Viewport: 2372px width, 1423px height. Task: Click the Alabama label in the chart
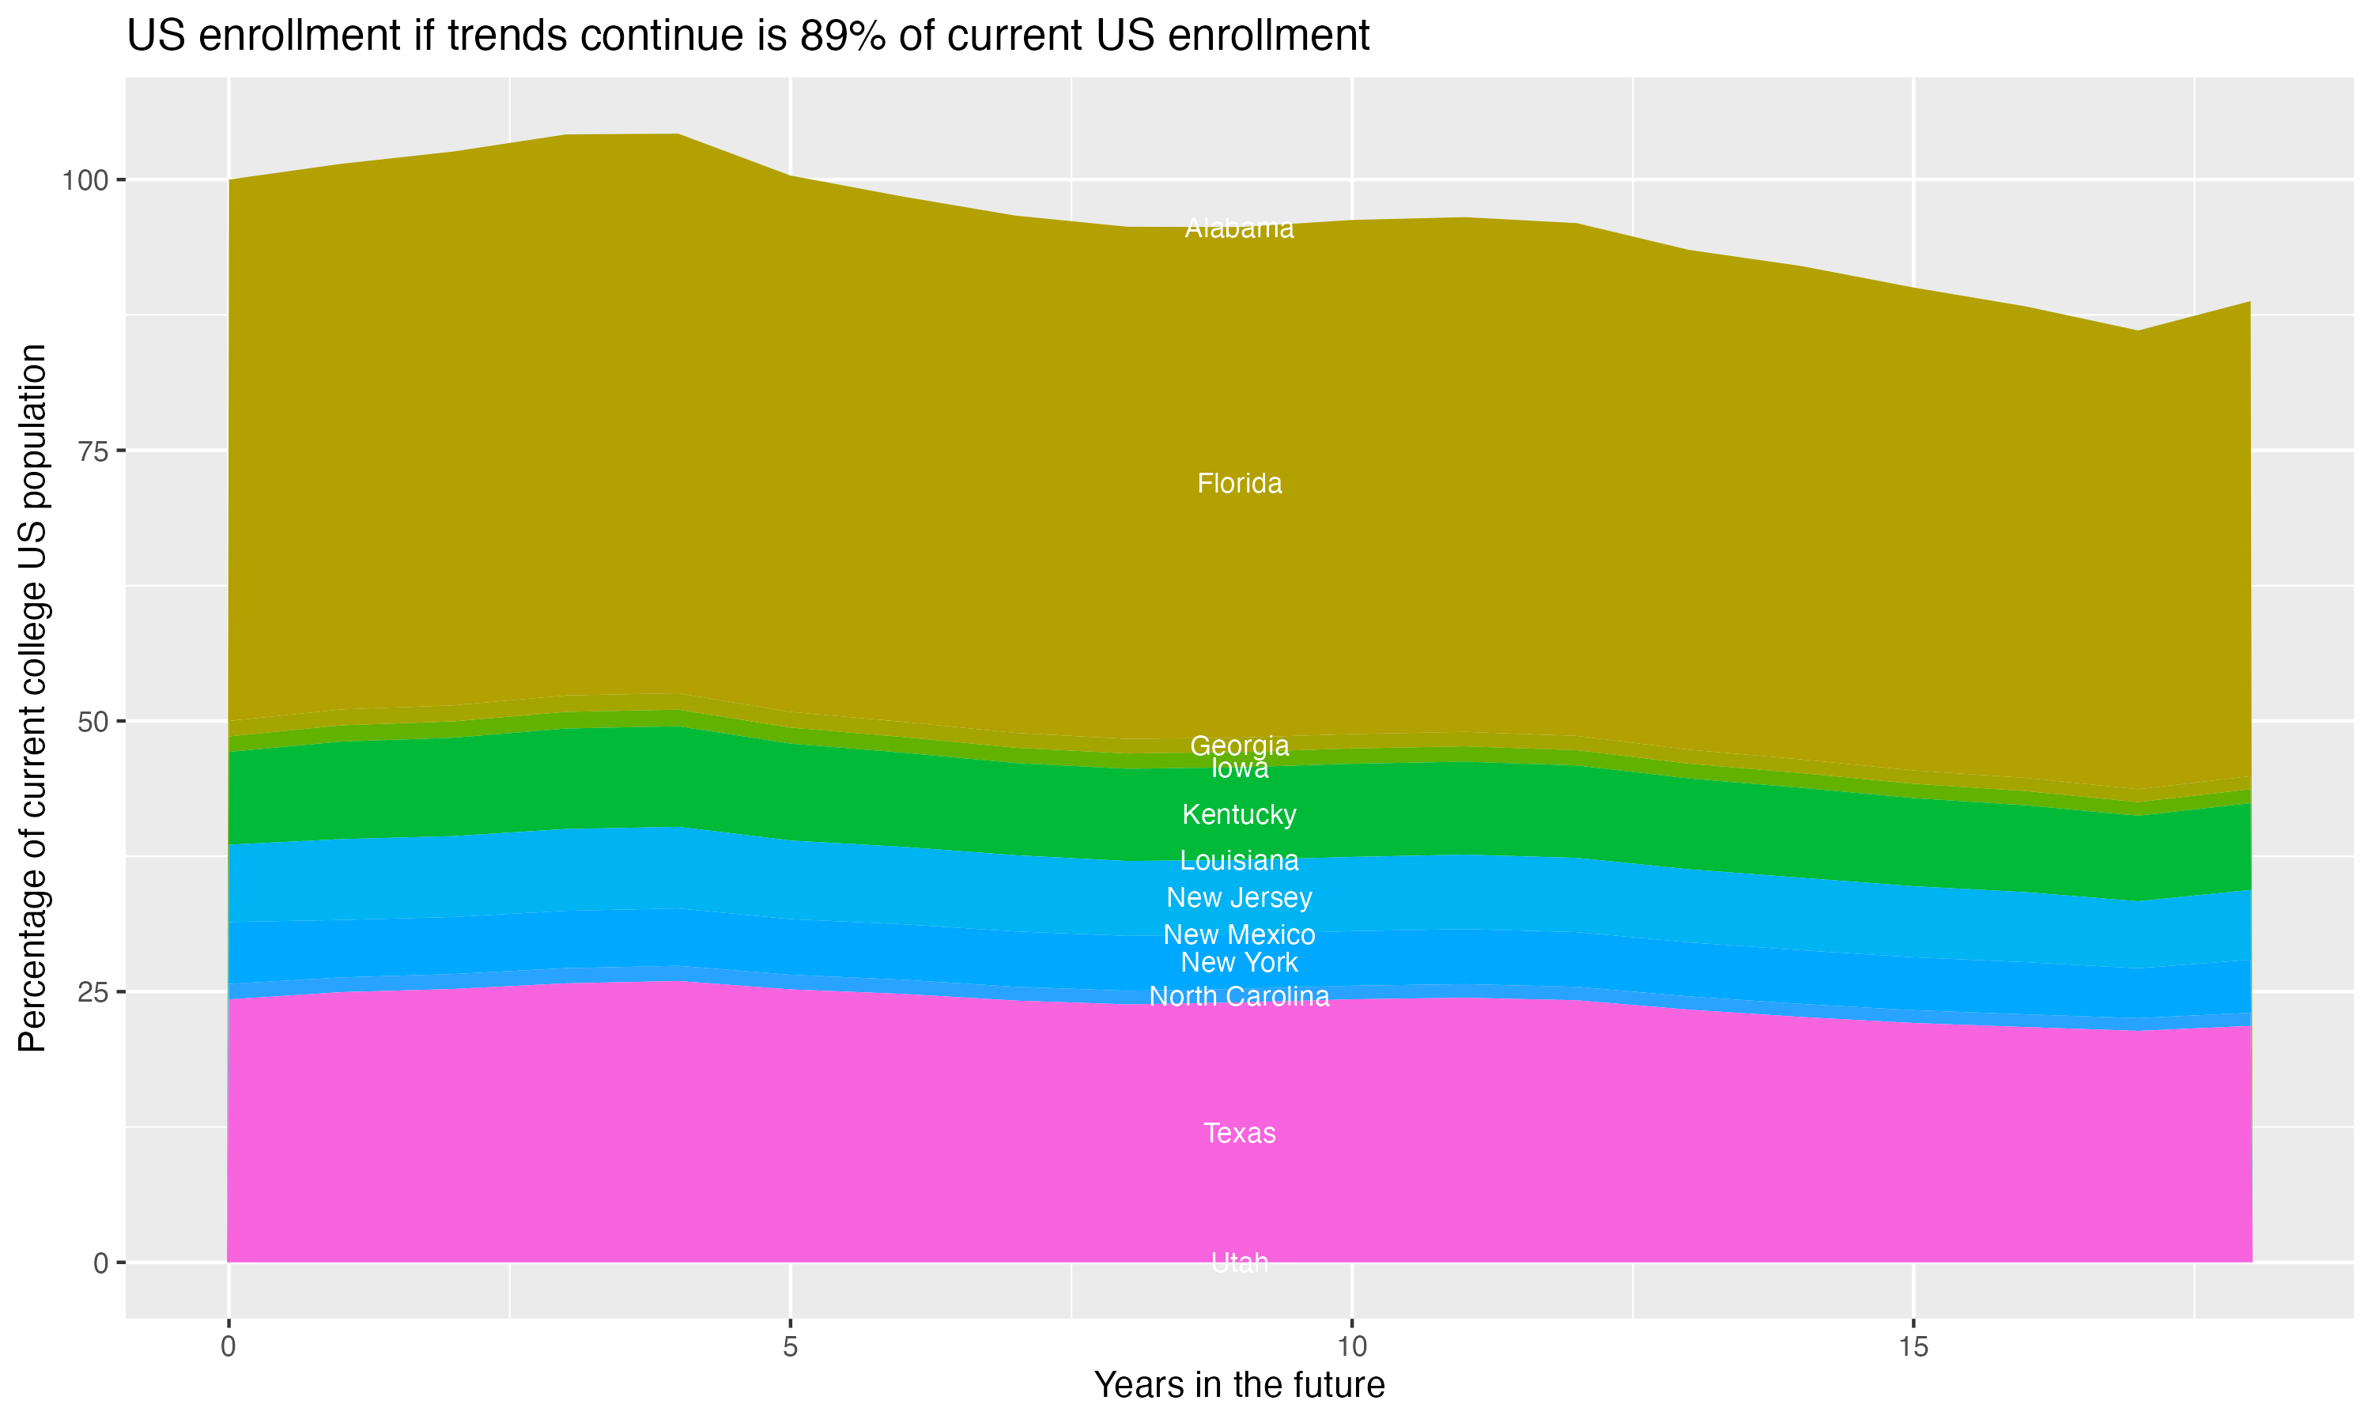[x=1239, y=228]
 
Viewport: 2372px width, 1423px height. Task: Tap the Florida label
[x=1239, y=483]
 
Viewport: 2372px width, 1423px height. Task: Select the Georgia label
[x=1239, y=745]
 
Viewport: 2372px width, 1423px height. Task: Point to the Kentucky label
[x=1239, y=814]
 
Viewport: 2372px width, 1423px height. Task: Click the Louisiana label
[x=1239, y=860]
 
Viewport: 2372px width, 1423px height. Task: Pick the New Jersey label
[x=1239, y=897]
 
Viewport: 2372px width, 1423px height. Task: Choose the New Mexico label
[x=1239, y=934]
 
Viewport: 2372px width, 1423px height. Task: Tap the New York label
[x=1239, y=962]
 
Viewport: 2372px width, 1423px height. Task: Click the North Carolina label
[x=1239, y=996]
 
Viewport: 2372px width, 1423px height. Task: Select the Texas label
[x=1239, y=1132]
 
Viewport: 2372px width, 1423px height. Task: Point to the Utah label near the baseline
[x=1239, y=1262]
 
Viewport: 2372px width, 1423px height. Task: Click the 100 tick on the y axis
[x=86, y=180]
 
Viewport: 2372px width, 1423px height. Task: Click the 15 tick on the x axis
[x=1913, y=1347]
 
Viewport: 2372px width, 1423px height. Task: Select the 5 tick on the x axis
[x=790, y=1347]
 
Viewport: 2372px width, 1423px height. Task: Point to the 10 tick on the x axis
[x=1351, y=1347]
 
